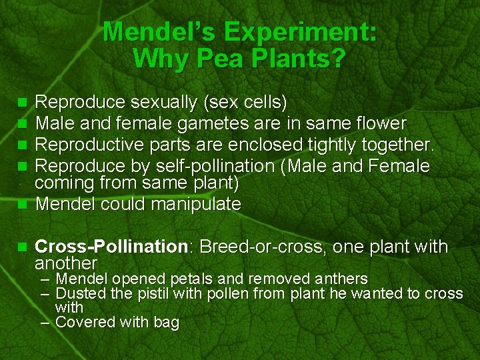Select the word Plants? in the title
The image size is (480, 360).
(297, 59)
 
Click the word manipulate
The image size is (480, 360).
(196, 204)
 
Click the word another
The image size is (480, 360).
(66, 263)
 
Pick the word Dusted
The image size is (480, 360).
(79, 293)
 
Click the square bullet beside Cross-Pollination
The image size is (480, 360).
(22, 247)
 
